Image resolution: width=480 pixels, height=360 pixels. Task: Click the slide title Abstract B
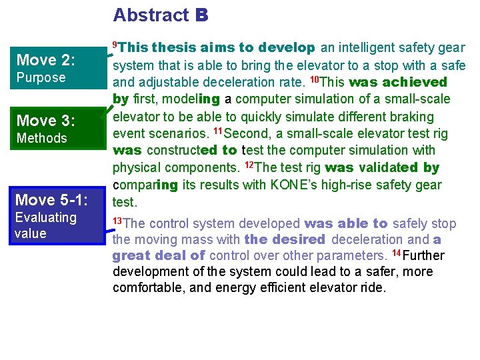pos(161,15)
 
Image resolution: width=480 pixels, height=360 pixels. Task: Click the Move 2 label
pos(46,60)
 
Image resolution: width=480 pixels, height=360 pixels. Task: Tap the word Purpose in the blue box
pos(41,77)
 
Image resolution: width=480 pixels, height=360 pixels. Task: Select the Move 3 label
pos(46,121)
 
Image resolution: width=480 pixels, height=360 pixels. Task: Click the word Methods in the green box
pos(42,138)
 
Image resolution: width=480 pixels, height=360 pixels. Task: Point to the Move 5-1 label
pos(51,199)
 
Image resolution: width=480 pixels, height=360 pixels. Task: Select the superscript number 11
pos(217,131)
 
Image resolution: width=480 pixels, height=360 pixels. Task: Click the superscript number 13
pos(117,219)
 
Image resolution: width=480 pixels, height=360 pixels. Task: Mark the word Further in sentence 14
pos(423,256)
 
